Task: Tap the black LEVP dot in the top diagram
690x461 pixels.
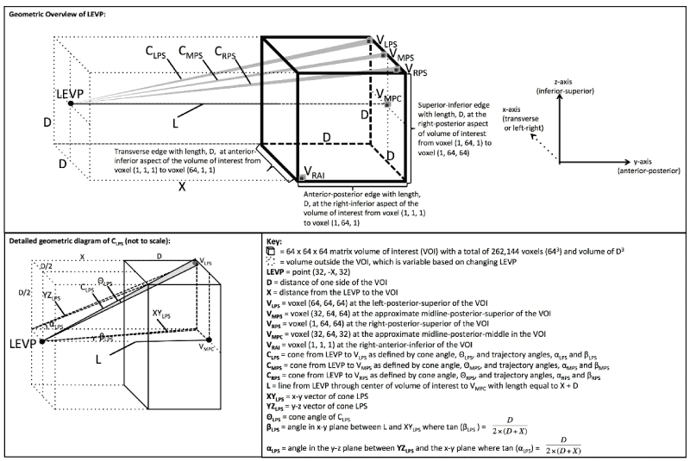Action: [70, 104]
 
